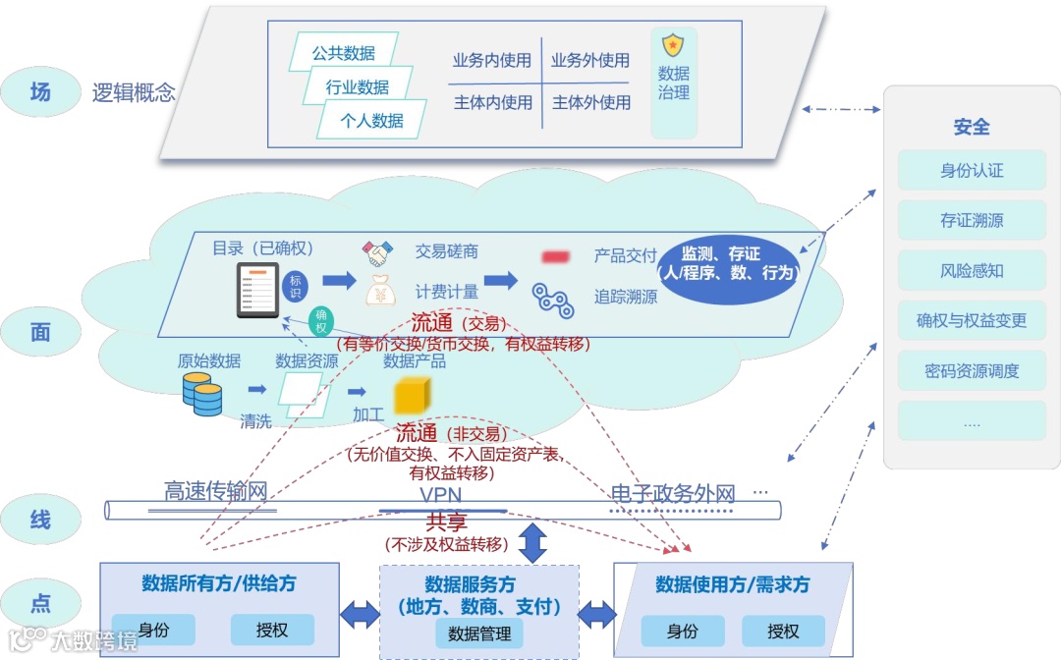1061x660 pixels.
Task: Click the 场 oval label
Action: (x=40, y=92)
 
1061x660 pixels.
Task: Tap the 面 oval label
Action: (x=40, y=332)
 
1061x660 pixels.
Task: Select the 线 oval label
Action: (x=40, y=519)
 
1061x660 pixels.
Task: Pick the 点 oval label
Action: (x=40, y=603)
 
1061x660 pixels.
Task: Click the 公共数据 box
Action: (x=341, y=53)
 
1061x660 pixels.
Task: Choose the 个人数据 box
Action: (x=371, y=121)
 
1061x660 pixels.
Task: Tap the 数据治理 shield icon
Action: (x=673, y=45)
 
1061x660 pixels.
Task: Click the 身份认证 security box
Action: (x=972, y=171)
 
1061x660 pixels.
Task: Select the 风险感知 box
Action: (x=972, y=271)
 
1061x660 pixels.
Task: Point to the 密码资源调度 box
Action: (x=972, y=371)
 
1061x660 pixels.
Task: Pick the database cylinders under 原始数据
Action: (x=202, y=394)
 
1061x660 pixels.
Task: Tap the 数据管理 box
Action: (x=479, y=633)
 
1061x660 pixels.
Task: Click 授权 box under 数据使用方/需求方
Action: (x=783, y=631)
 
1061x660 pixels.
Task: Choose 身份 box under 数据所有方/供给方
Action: (x=153, y=630)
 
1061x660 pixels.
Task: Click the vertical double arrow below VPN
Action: (x=532, y=543)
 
